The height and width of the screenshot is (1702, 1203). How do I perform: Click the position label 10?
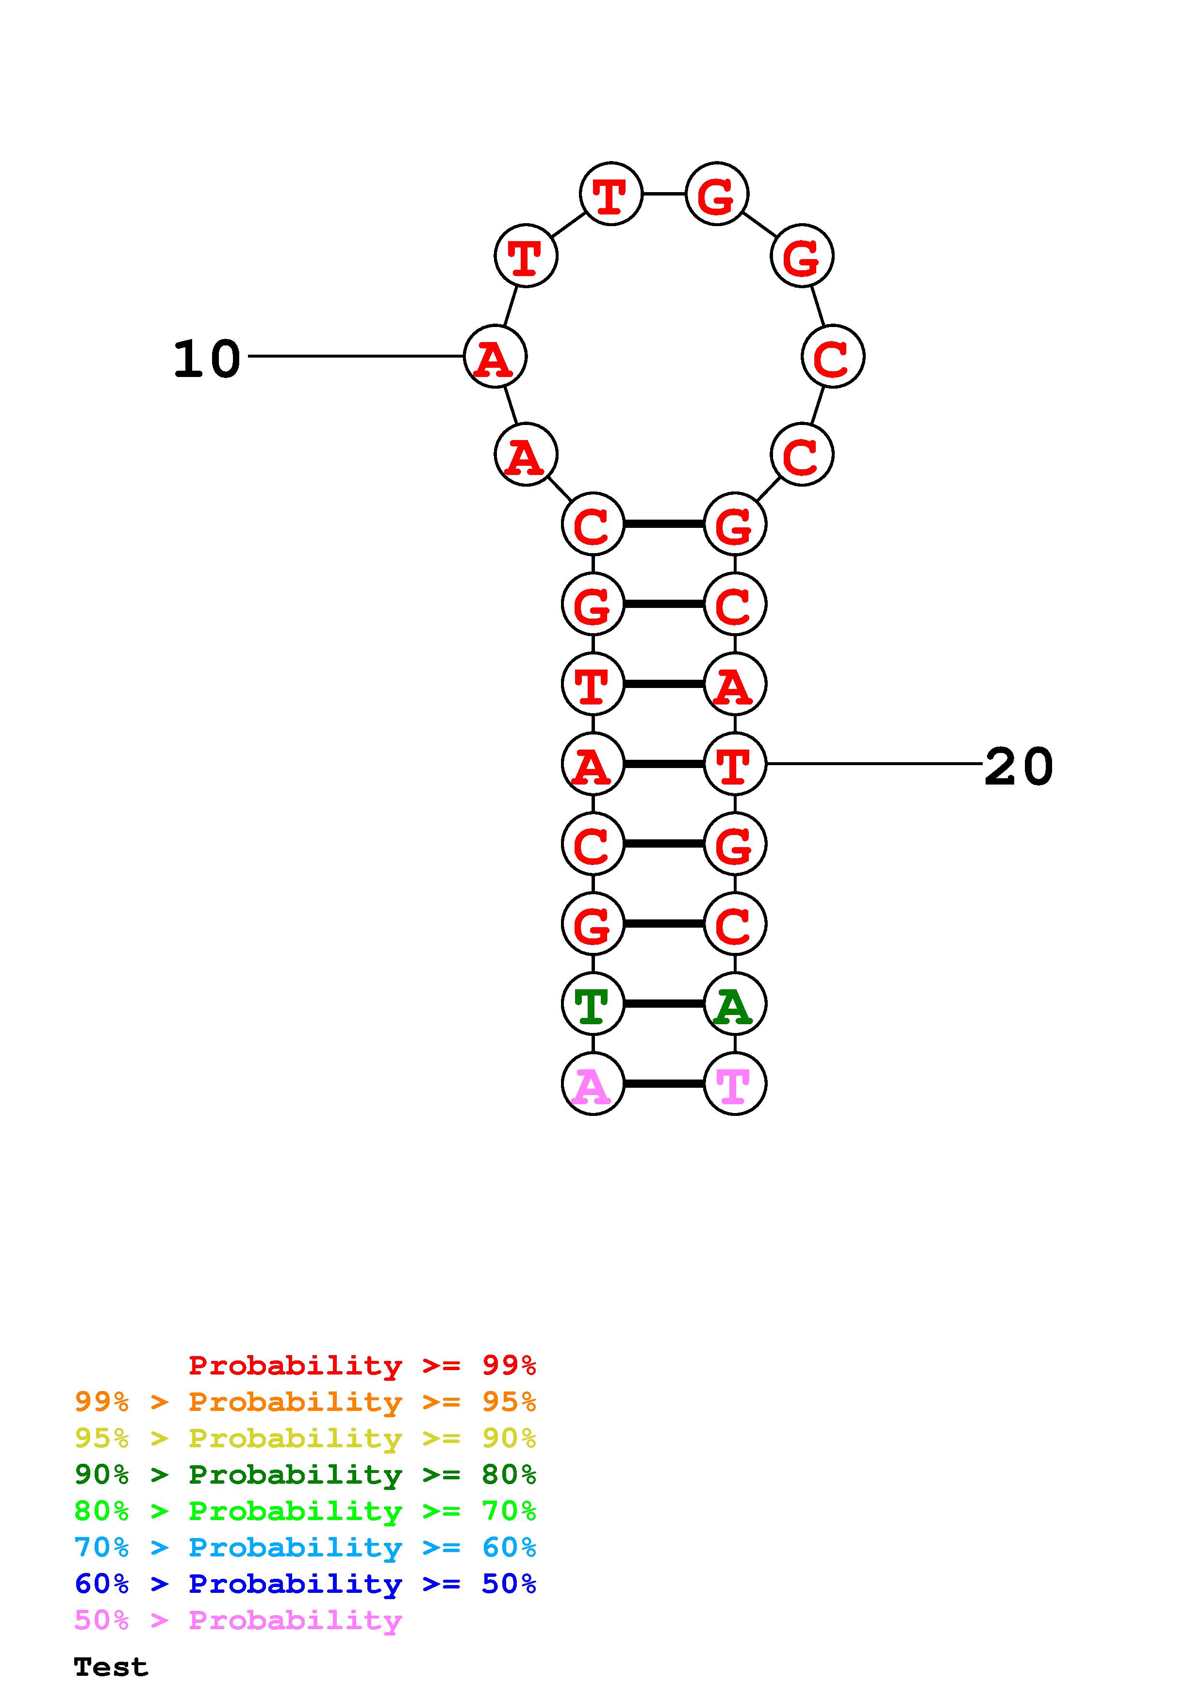[207, 360]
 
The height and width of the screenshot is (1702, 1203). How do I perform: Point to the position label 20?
[1019, 767]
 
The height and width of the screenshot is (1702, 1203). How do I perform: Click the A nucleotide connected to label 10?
[494, 357]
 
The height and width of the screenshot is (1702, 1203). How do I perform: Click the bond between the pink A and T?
[663, 1084]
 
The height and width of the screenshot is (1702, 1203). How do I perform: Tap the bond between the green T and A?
[663, 1004]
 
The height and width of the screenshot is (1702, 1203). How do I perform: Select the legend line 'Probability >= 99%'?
[362, 1365]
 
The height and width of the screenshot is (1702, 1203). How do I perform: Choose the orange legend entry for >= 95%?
[305, 1402]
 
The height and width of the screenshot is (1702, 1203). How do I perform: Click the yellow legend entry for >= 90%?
[305, 1438]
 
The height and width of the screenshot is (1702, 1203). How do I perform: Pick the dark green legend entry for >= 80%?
[305, 1474]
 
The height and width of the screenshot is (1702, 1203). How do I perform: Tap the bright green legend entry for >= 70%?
[305, 1511]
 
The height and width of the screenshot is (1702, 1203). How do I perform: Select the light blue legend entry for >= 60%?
[305, 1547]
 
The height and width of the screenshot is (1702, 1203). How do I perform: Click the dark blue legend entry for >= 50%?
[305, 1584]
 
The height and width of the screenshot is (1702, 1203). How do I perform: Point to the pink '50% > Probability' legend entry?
[238, 1620]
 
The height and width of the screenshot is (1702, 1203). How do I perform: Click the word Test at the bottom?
[111, 1667]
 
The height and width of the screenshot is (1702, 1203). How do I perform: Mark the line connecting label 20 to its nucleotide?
[874, 764]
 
